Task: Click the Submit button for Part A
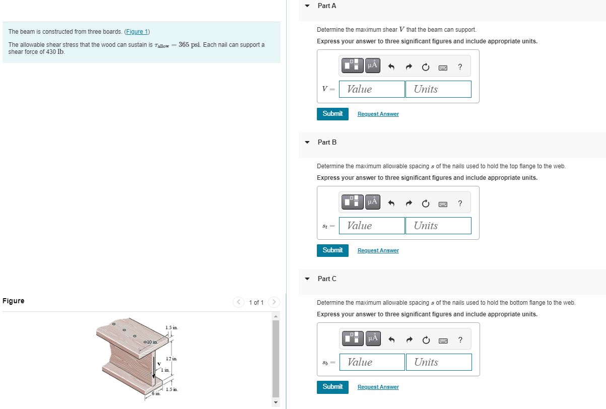coord(332,114)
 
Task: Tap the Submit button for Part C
coord(332,387)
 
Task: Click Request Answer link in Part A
coord(378,114)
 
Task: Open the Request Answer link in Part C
coord(378,387)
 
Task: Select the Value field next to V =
coord(372,89)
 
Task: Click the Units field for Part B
coord(438,226)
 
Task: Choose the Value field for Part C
coord(372,362)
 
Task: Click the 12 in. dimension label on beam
coord(171,359)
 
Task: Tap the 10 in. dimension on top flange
coord(151,343)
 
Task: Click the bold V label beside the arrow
coord(159,364)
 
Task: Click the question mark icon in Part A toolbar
coord(460,66)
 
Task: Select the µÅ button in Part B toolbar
coord(372,202)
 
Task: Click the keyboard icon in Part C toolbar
coord(443,340)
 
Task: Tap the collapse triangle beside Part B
coord(307,143)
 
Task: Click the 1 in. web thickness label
coord(165,370)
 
